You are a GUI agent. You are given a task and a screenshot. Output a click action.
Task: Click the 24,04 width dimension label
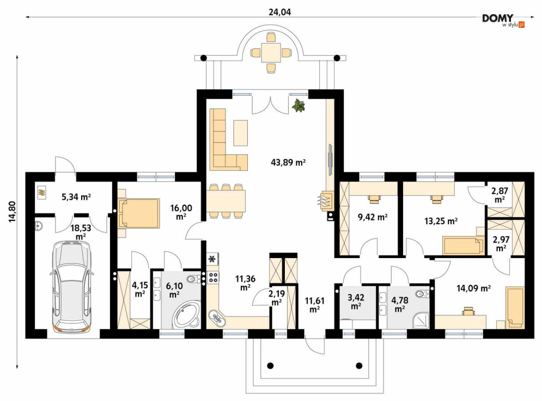279,12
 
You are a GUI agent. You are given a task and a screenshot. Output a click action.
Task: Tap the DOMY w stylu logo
503,21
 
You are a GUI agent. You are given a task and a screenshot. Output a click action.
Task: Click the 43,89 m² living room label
288,162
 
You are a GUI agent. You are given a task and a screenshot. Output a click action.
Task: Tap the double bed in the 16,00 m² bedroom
138,213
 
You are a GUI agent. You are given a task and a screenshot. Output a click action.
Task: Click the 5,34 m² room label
76,197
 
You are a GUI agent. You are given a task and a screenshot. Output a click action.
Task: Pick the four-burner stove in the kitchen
213,277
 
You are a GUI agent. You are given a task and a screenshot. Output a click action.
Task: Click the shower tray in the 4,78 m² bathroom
421,320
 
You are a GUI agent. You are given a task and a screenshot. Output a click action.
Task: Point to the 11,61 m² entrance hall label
314,304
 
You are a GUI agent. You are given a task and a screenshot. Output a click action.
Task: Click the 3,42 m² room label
356,302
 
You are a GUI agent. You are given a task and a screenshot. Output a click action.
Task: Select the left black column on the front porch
270,366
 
